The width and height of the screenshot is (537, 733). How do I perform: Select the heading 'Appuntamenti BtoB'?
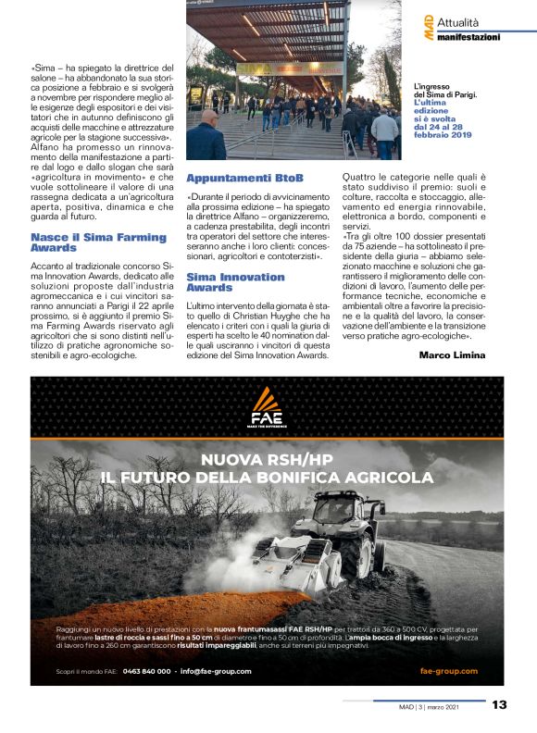[x=231, y=177]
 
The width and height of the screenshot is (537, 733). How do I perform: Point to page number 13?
[x=498, y=704]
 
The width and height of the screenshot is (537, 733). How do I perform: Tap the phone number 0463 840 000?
[x=146, y=671]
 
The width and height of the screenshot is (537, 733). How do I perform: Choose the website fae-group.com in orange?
[x=448, y=671]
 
